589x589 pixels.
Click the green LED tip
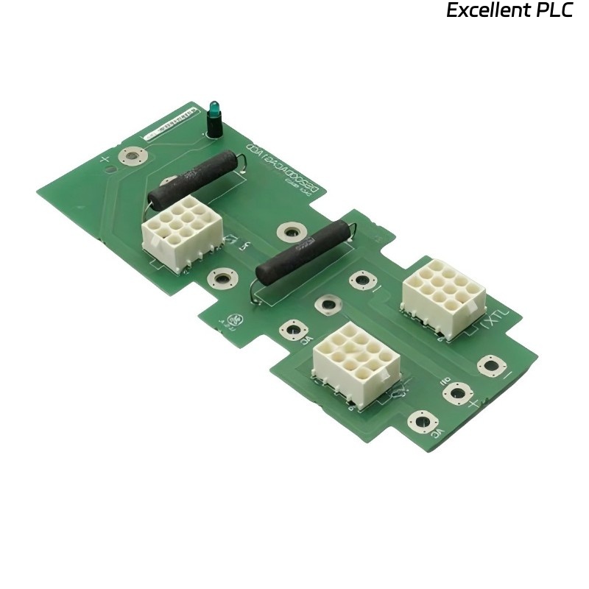pyautogui.click(x=214, y=107)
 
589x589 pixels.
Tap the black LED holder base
pyautogui.click(x=214, y=128)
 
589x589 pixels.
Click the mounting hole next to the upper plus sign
pyautogui.click(x=133, y=156)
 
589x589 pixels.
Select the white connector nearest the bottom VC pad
pyautogui.click(x=356, y=359)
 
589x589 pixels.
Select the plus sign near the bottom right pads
pyautogui.click(x=474, y=403)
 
